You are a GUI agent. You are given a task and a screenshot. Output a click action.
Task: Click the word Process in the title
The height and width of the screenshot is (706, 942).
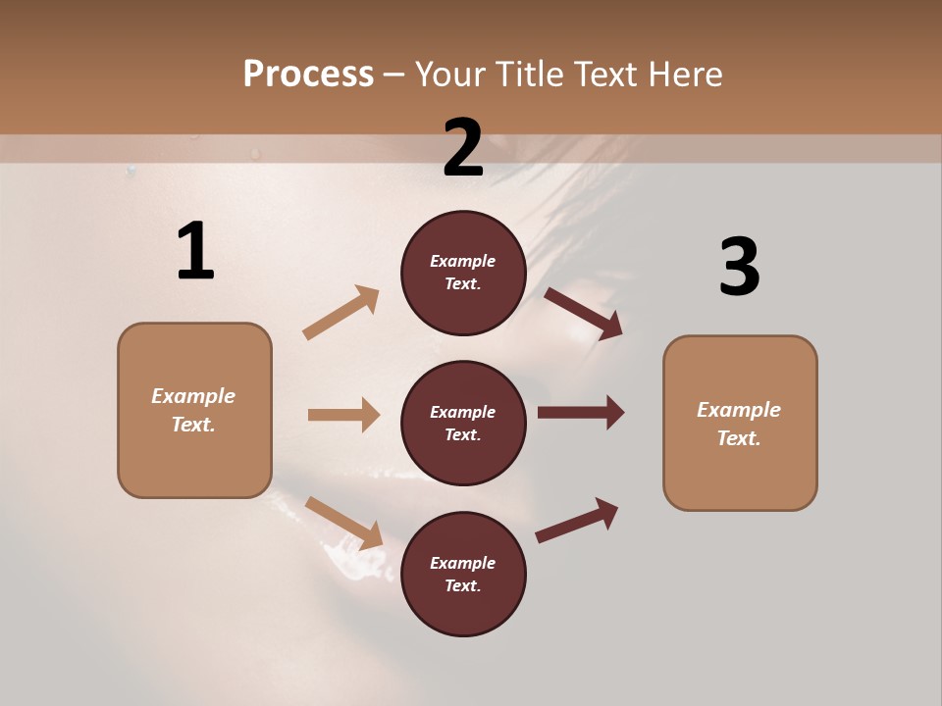pyautogui.click(x=308, y=75)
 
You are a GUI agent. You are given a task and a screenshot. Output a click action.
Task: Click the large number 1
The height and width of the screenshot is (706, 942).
pyautogui.click(x=195, y=252)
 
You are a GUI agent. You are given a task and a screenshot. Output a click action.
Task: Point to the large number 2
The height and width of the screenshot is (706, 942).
pyautogui.click(x=463, y=148)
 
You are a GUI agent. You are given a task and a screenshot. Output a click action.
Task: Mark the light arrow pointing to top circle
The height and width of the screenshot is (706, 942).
pyautogui.click(x=341, y=313)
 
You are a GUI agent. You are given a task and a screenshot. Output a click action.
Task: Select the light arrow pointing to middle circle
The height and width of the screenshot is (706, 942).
pyautogui.click(x=343, y=415)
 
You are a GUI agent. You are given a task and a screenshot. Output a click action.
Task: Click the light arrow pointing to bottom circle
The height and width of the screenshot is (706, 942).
pyautogui.click(x=343, y=522)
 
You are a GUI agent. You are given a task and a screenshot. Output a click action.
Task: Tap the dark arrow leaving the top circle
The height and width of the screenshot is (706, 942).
pyautogui.click(x=584, y=314)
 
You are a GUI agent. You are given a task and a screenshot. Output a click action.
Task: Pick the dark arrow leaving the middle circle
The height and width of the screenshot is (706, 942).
pyautogui.click(x=581, y=413)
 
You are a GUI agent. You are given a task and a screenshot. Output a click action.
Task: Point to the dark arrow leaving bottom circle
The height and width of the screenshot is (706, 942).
pyautogui.click(x=577, y=521)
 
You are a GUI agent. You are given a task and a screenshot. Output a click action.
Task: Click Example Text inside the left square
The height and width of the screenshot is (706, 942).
pyautogui.click(x=194, y=410)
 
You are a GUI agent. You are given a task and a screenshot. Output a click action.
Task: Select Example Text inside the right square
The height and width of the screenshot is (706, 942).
pyautogui.click(x=739, y=424)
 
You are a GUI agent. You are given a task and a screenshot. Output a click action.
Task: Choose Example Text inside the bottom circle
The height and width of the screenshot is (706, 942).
pyautogui.click(x=463, y=574)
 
